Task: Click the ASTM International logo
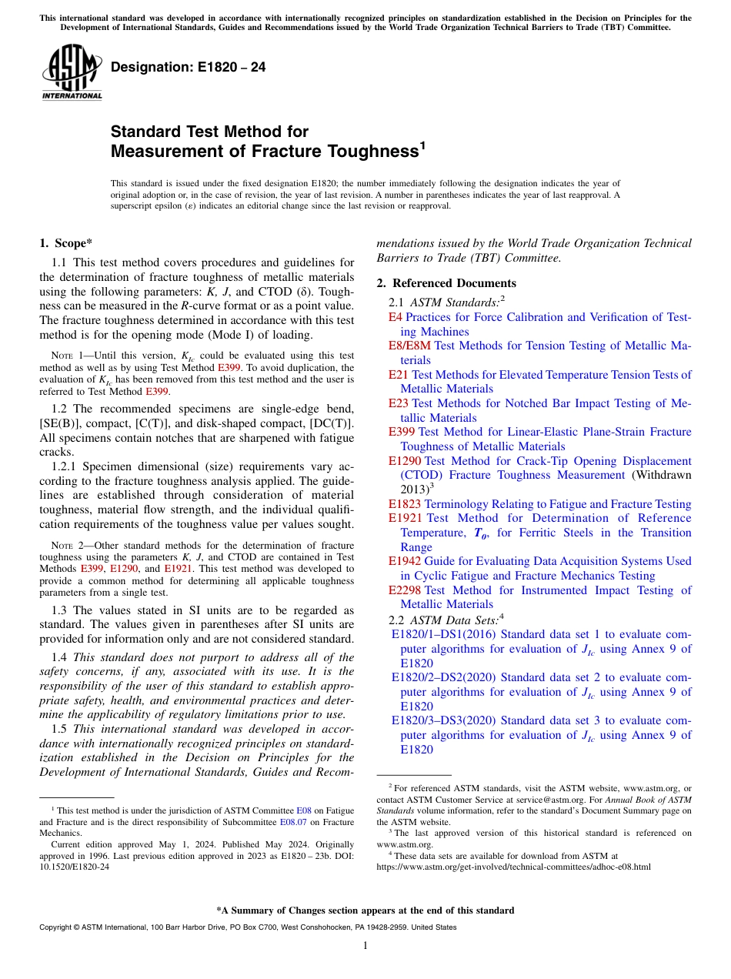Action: click(72, 73)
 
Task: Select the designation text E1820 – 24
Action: click(189, 67)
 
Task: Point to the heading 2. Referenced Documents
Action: click(446, 283)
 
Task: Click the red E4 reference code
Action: click(396, 317)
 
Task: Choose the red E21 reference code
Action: click(399, 375)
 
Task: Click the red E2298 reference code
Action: click(406, 590)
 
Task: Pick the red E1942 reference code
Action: click(406, 561)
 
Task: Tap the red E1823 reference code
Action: click(406, 504)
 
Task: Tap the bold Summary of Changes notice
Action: click(365, 911)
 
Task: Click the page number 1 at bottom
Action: click(365, 945)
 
